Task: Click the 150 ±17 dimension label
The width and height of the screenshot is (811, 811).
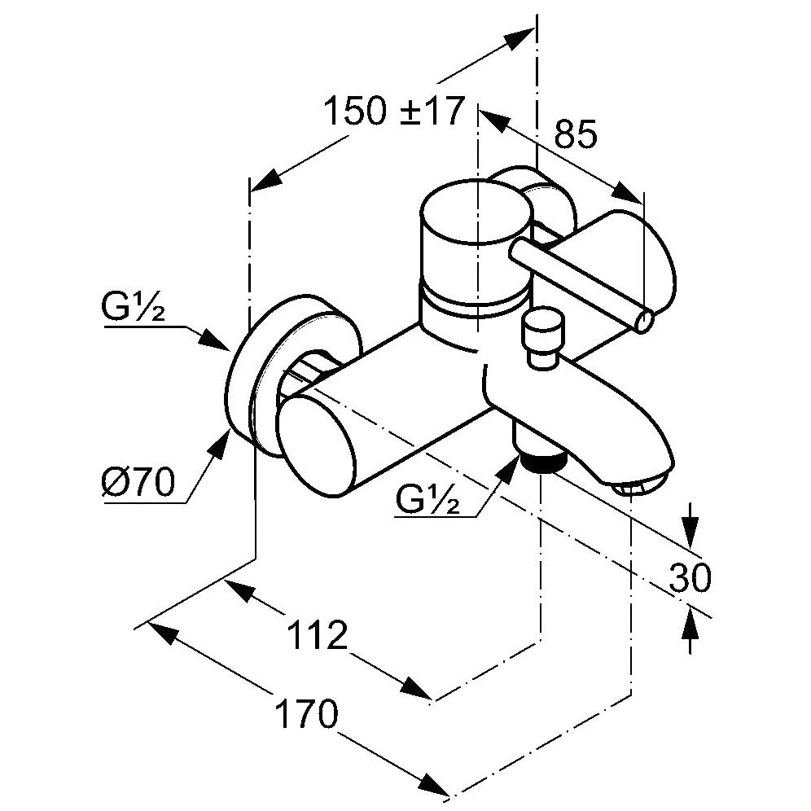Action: [393, 112]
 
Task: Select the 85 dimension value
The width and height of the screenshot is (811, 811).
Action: [575, 135]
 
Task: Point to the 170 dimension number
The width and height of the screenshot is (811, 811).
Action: [305, 717]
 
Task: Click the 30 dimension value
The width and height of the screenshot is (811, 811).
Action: [690, 577]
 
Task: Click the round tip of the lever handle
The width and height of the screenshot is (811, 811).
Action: [643, 322]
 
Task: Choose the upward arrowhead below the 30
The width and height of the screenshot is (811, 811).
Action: [690, 622]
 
